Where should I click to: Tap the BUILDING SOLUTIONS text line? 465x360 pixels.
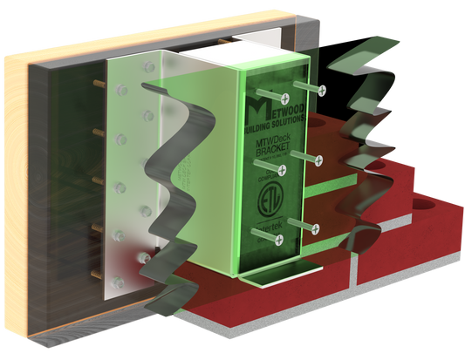pyautogui.click(x=272, y=125)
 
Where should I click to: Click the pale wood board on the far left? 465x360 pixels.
pyautogui.click(x=15, y=174)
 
